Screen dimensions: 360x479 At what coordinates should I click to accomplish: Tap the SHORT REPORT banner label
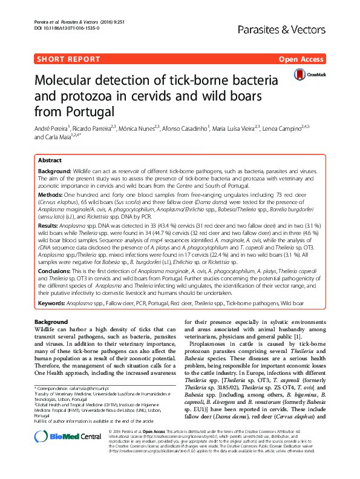[67, 59]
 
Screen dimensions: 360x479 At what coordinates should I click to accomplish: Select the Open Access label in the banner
[302, 59]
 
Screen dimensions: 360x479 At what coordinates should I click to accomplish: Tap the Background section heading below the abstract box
[51, 322]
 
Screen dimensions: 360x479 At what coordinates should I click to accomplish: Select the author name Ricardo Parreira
[96, 128]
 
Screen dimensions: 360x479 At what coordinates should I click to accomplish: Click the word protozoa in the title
[94, 97]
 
